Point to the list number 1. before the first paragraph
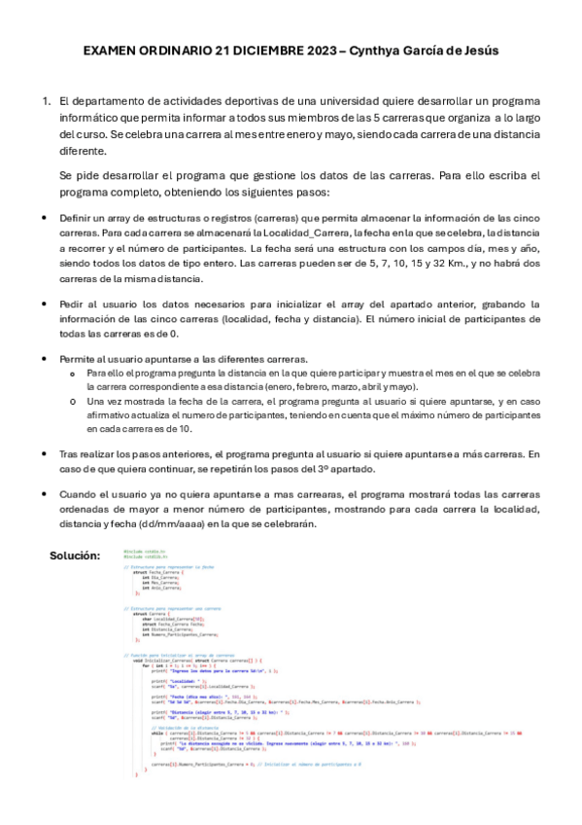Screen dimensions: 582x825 [x=45, y=101]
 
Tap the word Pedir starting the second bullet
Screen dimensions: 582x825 [x=73, y=304]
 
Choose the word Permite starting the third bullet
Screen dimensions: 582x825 [x=79, y=358]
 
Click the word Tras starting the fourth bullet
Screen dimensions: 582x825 [x=69, y=453]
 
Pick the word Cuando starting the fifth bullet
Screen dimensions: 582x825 [x=79, y=494]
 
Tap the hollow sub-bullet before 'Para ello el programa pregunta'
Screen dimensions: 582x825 [x=74, y=373]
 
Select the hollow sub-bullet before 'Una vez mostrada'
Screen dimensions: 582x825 [x=74, y=400]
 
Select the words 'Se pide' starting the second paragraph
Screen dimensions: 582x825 [x=79, y=175]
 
